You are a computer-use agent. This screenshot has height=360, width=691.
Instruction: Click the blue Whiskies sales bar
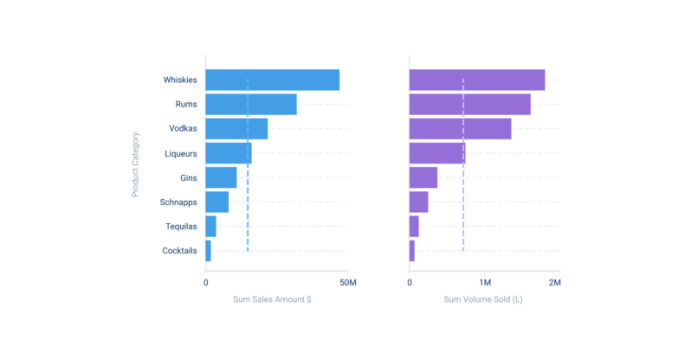click(272, 80)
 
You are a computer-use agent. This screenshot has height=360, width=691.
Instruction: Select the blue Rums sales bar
click(251, 105)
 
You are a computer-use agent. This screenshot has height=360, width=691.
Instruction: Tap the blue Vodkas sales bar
click(236, 129)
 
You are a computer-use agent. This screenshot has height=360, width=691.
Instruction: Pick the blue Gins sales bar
click(221, 177)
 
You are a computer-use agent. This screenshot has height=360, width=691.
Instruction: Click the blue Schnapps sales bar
click(216, 202)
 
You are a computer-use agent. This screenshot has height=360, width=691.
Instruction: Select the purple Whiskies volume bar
click(476, 80)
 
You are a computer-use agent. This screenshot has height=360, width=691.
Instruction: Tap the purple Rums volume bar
click(469, 105)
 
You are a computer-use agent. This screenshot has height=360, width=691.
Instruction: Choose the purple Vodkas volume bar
click(460, 129)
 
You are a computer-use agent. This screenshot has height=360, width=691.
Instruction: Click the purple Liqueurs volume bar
click(436, 153)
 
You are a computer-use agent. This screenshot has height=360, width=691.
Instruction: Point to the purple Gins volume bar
click(423, 177)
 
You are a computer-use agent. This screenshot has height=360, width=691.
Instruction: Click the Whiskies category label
click(180, 80)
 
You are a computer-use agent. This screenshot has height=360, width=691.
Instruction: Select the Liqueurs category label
click(181, 153)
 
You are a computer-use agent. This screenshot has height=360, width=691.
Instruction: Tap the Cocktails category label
click(179, 251)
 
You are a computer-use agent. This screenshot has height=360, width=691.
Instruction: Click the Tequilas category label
click(181, 227)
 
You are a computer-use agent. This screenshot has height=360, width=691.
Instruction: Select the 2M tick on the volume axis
click(553, 283)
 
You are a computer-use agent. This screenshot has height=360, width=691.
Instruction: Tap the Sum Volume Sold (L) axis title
click(483, 299)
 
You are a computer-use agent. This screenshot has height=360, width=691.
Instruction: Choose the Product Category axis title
click(136, 164)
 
